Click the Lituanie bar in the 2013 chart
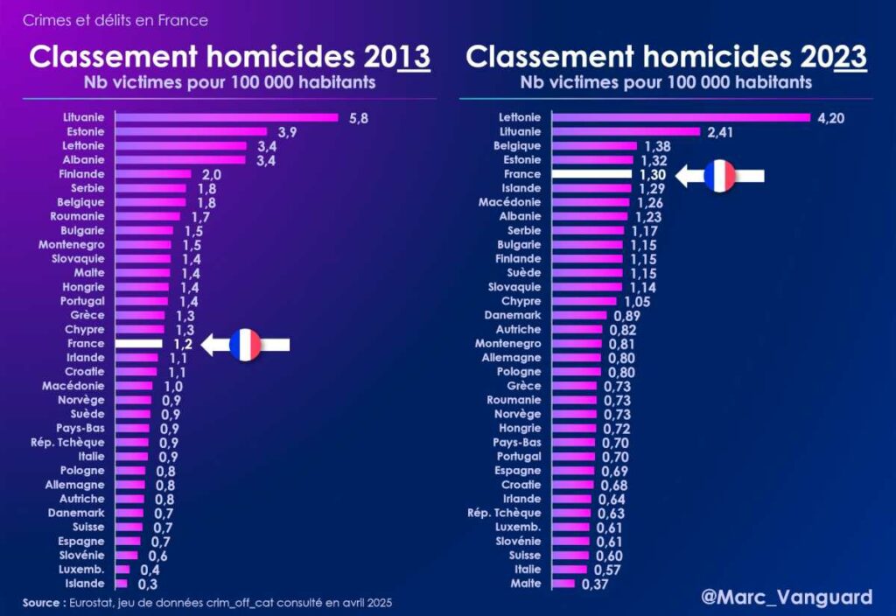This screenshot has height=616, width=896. [226, 117]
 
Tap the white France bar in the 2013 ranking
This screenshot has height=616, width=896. [138, 345]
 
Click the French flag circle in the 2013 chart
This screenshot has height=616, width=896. [245, 346]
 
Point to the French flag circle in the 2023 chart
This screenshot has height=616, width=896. [720, 176]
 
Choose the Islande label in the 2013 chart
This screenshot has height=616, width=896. [86, 584]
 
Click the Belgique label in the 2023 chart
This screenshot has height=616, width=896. [517, 146]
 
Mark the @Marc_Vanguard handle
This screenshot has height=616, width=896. [787, 597]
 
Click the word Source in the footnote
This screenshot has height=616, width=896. [40, 603]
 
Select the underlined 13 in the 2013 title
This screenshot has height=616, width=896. [413, 57]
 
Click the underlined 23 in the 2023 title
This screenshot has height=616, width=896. [850, 57]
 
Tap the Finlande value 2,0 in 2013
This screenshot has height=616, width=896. [211, 175]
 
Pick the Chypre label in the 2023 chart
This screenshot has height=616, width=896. [521, 301]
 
